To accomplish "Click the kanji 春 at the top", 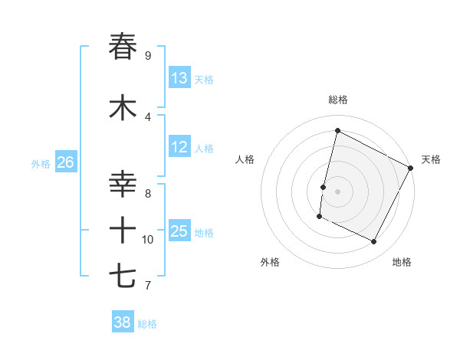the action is click(x=123, y=47).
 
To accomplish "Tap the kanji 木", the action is click(x=123, y=108).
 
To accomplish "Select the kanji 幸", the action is click(x=123, y=185).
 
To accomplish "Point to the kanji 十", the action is click(x=123, y=231).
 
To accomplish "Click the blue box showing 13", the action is click(x=179, y=78).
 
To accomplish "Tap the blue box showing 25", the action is click(x=179, y=231).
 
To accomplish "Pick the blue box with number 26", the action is click(x=65, y=162).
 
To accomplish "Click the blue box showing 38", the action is click(x=123, y=322).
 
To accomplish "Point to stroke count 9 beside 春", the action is click(x=148, y=56).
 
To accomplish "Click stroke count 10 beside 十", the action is click(x=148, y=240).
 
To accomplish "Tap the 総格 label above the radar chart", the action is click(x=338, y=100).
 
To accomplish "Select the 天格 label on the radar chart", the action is click(x=431, y=159).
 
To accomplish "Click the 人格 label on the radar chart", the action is click(x=245, y=159).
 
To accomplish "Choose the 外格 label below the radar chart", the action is click(x=270, y=262).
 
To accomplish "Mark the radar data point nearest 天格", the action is click(x=411, y=167).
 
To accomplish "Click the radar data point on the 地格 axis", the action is click(x=374, y=242).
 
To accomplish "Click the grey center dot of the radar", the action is click(x=338, y=191).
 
